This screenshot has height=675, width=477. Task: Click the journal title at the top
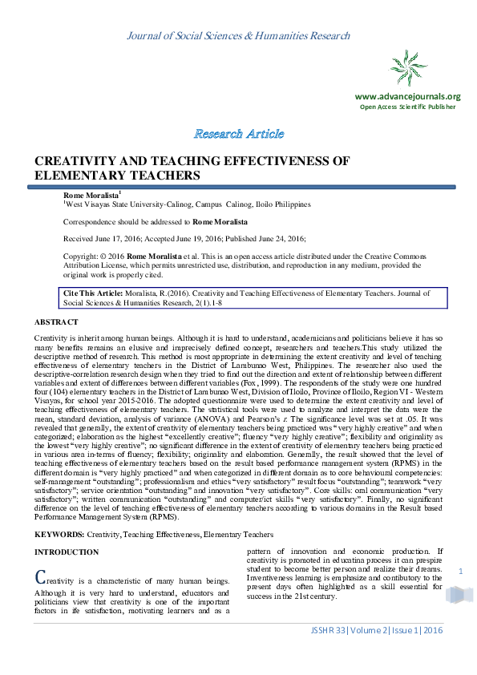[238, 36]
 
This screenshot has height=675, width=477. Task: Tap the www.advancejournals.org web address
[407, 96]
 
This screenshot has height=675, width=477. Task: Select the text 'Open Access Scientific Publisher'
[407, 107]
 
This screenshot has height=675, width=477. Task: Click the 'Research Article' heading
[238, 133]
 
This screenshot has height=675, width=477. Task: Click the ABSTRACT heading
[56, 321]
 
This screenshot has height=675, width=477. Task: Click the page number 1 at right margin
[461, 570]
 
